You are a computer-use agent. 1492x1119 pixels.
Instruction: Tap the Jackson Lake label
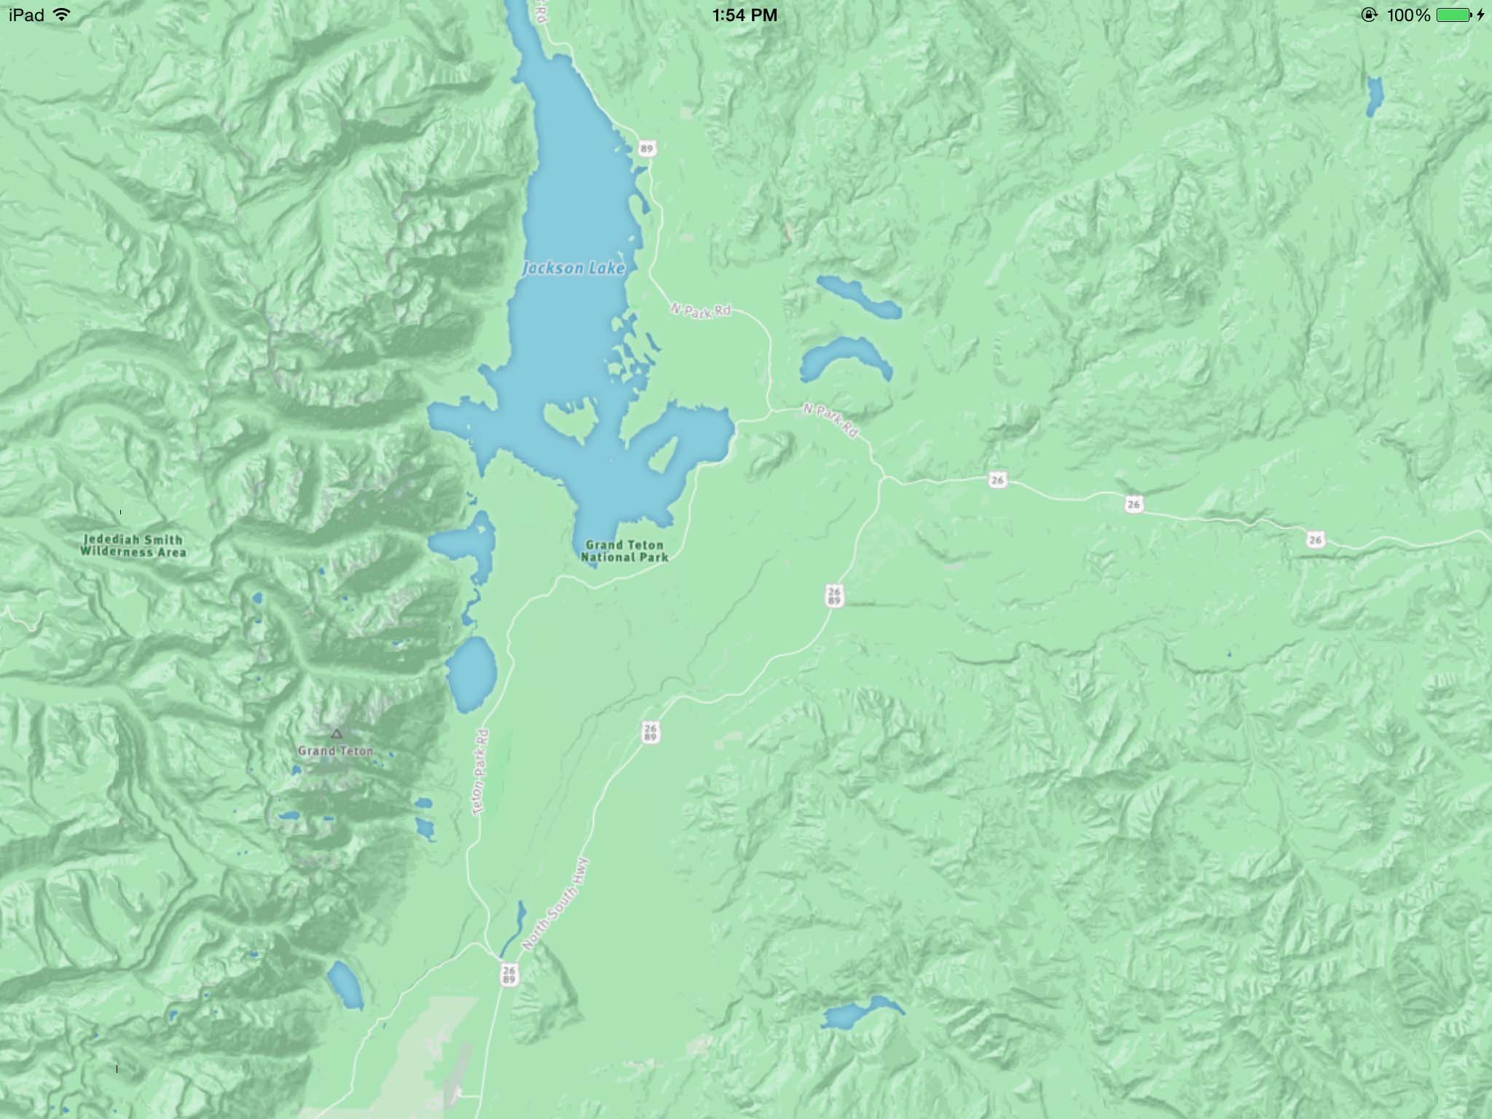point(574,268)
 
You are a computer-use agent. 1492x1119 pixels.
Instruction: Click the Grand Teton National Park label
point(624,551)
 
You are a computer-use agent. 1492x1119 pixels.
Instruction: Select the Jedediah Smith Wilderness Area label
point(133,546)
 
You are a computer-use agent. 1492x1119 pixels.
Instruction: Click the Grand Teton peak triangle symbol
point(336,734)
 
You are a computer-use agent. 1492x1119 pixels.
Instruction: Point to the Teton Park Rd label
point(481,772)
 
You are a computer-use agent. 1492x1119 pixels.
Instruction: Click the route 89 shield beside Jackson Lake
point(646,149)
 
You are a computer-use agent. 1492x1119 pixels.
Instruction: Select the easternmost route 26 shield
point(1315,540)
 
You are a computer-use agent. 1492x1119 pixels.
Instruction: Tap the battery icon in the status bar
point(1453,15)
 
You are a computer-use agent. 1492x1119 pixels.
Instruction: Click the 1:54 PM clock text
point(745,15)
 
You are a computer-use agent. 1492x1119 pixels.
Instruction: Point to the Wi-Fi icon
point(62,15)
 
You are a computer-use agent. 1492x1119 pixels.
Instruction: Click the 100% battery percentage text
point(1409,15)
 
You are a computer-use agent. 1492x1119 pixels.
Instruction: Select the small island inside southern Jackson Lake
point(569,423)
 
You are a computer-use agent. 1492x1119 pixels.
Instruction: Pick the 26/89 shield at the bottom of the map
point(509,974)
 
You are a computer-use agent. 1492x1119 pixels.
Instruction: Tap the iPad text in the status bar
point(26,15)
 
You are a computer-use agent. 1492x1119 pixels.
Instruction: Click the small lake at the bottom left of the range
point(344,984)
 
